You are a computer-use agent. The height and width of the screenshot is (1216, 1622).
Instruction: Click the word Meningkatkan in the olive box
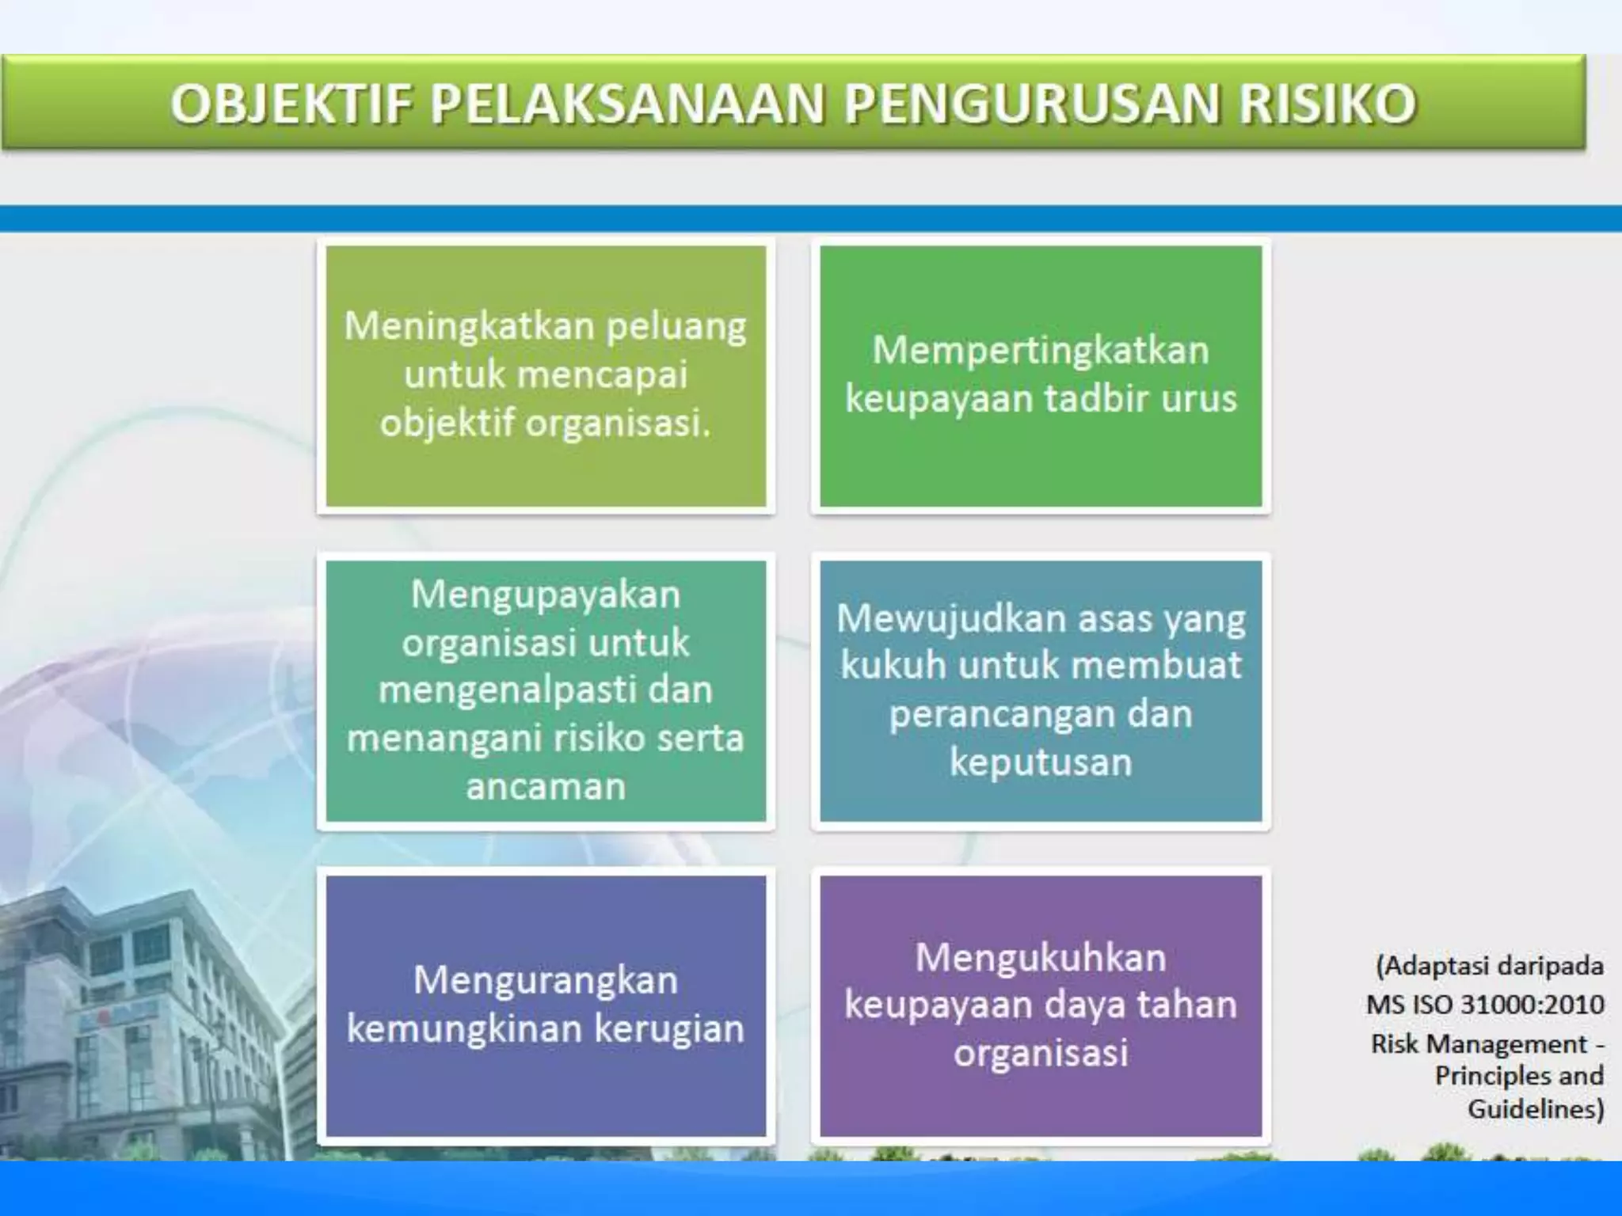point(469,326)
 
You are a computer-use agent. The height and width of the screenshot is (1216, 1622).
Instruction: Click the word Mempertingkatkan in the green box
point(1041,350)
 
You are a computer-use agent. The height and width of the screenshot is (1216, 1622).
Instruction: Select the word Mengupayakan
point(546,594)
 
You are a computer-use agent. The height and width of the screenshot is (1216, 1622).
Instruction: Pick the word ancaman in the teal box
point(546,786)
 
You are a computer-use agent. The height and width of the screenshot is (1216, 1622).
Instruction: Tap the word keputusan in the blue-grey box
point(1041,762)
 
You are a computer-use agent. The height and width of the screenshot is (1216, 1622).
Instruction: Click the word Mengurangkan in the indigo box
point(546,980)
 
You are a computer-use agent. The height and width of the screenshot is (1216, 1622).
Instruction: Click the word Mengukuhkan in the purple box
point(1041,957)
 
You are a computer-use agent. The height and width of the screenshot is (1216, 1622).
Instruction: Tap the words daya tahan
point(1140,1005)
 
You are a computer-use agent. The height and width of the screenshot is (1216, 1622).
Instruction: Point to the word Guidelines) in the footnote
point(1535,1108)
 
